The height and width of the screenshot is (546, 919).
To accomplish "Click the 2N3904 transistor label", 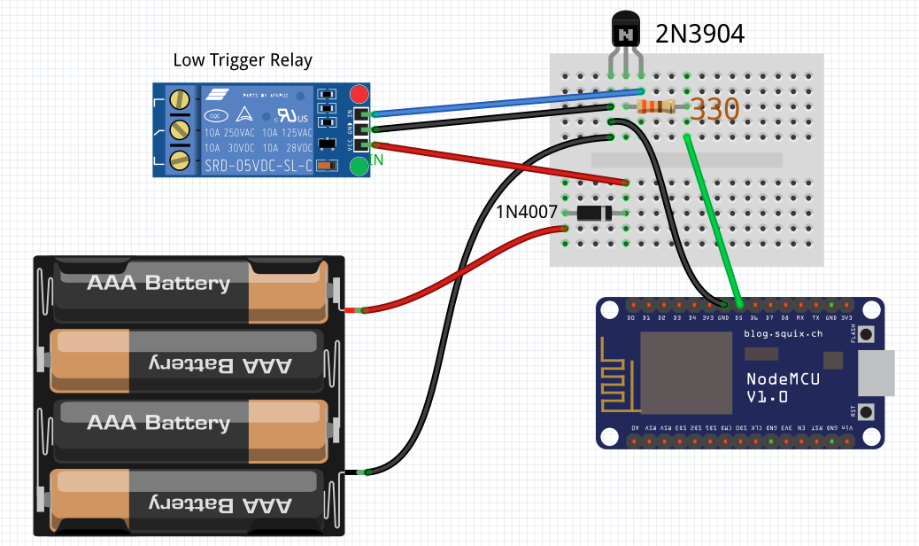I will tap(699, 35).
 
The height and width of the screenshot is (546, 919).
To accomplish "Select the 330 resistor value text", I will tap(714, 110).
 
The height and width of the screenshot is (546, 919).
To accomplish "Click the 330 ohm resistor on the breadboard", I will tap(656, 107).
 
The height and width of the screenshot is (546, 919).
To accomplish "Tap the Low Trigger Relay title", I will tap(242, 60).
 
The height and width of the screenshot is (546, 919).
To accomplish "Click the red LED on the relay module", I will tap(359, 94).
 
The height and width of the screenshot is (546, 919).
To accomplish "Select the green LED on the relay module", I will tap(359, 167).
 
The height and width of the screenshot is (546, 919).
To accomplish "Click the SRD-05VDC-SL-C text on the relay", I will tap(259, 166).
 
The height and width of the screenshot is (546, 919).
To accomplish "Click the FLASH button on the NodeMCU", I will tap(866, 334).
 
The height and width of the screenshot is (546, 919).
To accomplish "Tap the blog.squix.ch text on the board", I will tap(784, 334).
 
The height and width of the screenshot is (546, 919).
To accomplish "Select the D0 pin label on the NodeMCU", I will tap(630, 317).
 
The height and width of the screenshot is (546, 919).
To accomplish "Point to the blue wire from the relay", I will tap(505, 102).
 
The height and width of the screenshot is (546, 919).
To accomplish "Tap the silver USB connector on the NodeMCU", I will tap(877, 372).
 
